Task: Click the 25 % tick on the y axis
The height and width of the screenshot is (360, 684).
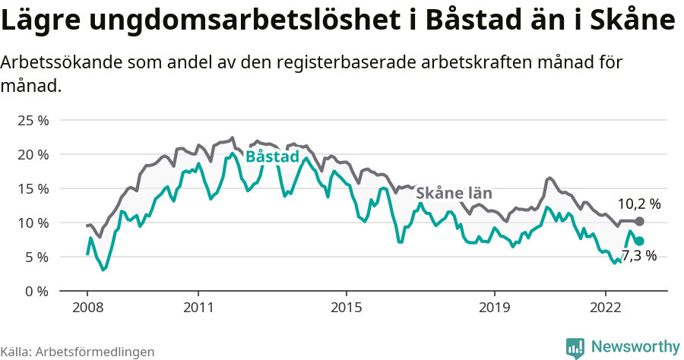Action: [33, 120]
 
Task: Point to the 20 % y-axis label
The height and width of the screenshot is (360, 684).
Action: [33, 154]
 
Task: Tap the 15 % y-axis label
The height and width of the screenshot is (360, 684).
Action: [33, 188]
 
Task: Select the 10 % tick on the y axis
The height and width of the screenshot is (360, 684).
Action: [33, 223]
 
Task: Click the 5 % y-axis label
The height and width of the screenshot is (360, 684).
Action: [36, 257]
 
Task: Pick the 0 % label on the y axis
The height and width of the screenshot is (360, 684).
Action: [36, 291]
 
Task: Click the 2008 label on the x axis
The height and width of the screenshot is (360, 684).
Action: [87, 308]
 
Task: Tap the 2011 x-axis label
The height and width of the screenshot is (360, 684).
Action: [198, 308]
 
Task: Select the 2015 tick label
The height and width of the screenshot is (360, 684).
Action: [347, 308]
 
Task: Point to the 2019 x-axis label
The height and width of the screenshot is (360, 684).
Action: [495, 308]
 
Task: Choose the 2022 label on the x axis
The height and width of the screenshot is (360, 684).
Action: [606, 308]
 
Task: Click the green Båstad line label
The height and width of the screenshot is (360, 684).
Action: [272, 156]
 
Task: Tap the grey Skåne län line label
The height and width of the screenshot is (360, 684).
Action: [454, 192]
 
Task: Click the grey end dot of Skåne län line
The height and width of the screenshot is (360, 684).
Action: [640, 221]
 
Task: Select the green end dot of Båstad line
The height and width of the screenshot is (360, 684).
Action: [640, 241]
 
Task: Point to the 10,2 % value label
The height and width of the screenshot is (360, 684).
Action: [638, 204]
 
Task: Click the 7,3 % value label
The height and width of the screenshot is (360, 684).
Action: [638, 256]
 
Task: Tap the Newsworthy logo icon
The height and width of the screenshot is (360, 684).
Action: [575, 347]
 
